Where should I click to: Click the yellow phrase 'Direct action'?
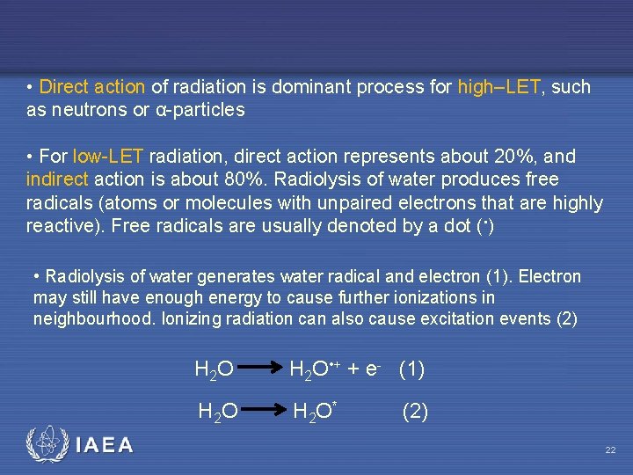click(92, 87)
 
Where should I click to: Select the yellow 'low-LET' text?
click(109, 157)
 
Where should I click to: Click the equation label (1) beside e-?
click(411, 369)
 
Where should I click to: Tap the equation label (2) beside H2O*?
click(415, 411)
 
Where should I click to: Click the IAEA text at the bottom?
click(104, 445)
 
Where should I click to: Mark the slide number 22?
click(609, 450)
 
